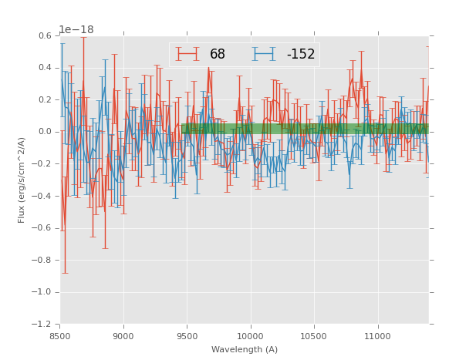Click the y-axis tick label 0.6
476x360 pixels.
click(x=46, y=35)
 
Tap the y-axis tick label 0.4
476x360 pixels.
click(x=46, y=68)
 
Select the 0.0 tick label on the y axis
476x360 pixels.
click(x=46, y=132)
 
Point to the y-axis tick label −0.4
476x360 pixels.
click(x=44, y=196)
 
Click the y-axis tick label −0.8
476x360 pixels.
click(x=44, y=260)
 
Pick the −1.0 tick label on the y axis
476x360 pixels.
click(x=44, y=292)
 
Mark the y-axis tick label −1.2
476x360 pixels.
click(x=44, y=325)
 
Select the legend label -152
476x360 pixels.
click(x=301, y=55)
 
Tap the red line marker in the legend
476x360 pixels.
click(x=187, y=54)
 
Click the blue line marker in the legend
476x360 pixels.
click(x=264, y=54)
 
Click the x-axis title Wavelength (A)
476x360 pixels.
click(x=245, y=350)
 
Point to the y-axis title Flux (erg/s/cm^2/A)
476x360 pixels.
click(x=22, y=180)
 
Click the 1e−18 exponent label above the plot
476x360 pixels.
click(x=76, y=30)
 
